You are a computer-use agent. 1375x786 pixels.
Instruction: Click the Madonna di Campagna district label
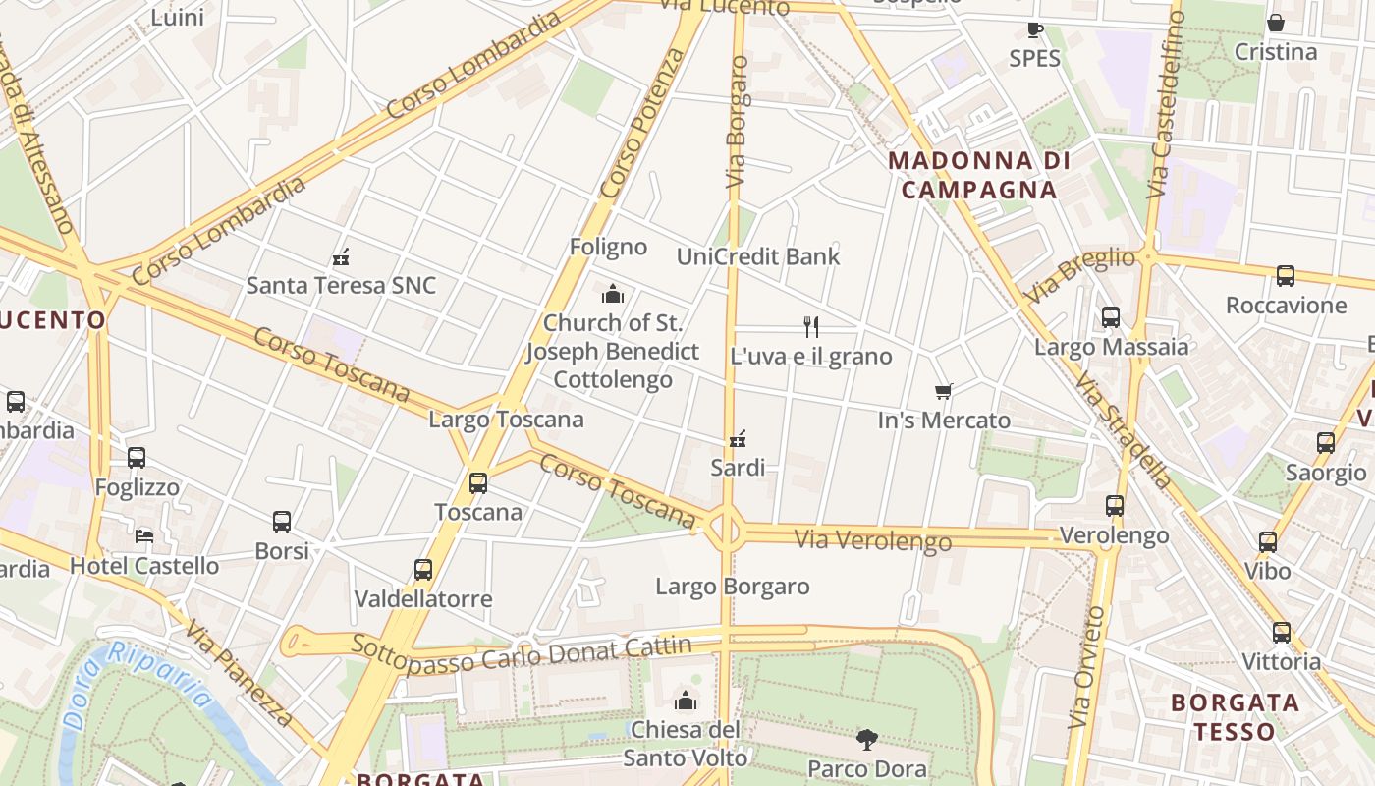coord(978,175)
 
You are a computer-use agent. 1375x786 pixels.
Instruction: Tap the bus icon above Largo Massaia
coord(1111,317)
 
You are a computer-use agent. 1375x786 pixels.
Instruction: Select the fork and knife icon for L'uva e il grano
coord(811,326)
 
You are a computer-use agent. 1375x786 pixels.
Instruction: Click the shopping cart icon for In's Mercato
coord(944,391)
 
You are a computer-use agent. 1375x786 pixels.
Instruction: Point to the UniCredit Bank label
coord(758,256)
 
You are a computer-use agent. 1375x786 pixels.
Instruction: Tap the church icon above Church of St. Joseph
coord(613,294)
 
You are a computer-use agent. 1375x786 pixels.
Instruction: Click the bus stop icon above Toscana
coord(478,483)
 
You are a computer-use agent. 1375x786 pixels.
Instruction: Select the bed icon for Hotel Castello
coord(144,536)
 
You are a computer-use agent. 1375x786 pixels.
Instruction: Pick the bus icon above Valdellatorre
coord(423,570)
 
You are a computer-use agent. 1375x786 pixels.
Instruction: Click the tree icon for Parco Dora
coord(866,739)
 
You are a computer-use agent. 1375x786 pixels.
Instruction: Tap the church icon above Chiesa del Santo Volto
coord(686,701)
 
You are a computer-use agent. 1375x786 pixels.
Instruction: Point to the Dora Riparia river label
coord(137,683)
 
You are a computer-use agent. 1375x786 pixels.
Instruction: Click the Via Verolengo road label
coord(872,539)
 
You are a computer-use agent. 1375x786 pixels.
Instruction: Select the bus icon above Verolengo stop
coord(1115,507)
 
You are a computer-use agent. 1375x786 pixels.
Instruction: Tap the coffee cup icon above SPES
coord(1035,29)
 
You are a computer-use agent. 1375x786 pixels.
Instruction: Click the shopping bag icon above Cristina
coord(1276,23)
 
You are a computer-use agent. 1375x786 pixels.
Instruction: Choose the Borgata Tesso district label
coord(1236,717)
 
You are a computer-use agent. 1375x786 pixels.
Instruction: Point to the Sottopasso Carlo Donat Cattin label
coord(522,652)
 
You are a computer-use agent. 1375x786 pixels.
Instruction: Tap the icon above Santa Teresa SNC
coord(341,257)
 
